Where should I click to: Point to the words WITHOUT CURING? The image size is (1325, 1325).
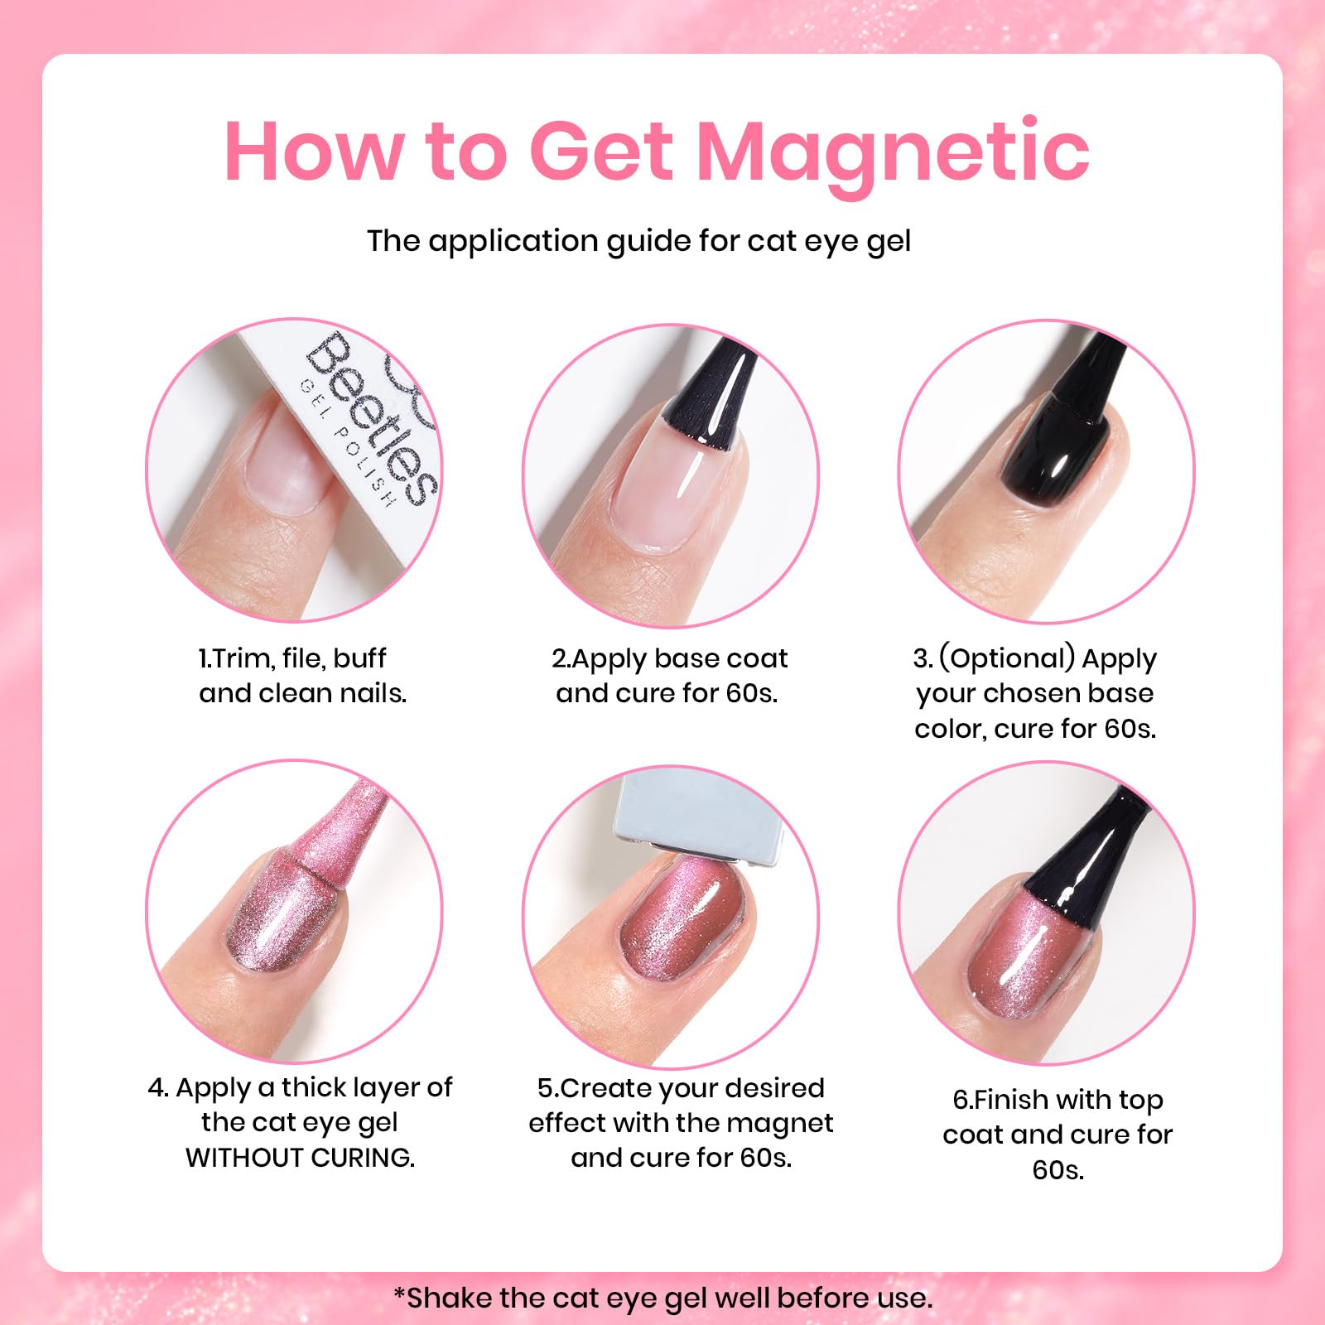(x=301, y=1158)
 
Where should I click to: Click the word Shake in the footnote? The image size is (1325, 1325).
(x=448, y=1297)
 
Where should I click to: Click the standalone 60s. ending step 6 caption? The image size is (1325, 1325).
(x=1058, y=1169)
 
